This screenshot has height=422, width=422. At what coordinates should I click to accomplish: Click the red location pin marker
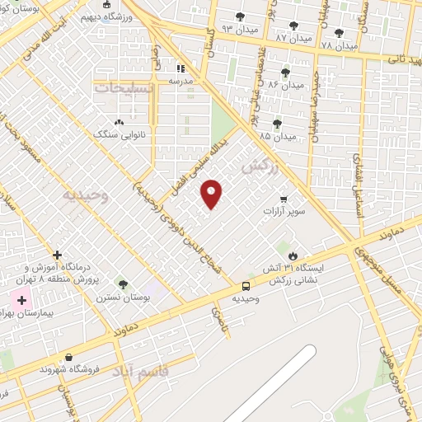tap(212, 193)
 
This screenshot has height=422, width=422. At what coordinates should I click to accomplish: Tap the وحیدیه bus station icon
tap(246, 286)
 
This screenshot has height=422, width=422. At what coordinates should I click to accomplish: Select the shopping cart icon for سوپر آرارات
tap(284, 199)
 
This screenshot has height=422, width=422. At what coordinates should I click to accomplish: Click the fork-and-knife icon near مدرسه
tap(181, 69)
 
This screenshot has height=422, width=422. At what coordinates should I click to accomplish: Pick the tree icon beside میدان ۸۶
tap(285, 73)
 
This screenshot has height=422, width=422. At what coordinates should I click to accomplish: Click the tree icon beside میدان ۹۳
tap(240, 16)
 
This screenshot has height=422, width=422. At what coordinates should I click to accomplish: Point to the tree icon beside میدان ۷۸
tap(340, 34)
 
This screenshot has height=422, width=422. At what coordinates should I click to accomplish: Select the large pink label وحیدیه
tap(85, 195)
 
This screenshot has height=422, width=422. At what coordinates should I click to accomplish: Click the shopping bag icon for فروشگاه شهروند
tap(68, 357)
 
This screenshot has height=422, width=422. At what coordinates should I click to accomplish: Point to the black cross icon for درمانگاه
tap(56, 256)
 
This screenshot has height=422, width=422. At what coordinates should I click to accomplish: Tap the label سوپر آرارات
tap(284, 212)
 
